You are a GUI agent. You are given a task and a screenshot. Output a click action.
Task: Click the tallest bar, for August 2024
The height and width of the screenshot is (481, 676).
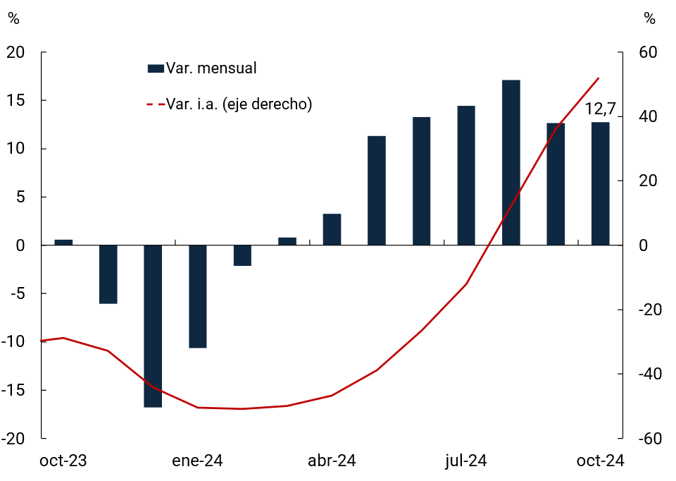tap(511, 163)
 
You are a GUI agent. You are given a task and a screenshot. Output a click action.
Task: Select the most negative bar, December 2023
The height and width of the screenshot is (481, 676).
tap(153, 326)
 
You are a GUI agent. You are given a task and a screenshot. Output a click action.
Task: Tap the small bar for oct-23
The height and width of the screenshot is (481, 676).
tap(63, 243)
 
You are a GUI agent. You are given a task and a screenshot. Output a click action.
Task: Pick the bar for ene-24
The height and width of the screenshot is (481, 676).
tap(198, 296)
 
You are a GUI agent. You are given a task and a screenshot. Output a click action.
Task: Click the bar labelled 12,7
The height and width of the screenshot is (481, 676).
tap(601, 184)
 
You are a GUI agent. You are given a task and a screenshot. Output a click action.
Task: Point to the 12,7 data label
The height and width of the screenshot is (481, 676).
tap(600, 109)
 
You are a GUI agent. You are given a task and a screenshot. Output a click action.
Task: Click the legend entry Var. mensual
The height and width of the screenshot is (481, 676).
tap(211, 68)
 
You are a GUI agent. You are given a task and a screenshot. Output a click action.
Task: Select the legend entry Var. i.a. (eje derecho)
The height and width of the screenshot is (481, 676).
tap(239, 104)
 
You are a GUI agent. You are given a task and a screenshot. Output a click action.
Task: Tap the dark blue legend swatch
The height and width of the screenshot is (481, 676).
tap(155, 68)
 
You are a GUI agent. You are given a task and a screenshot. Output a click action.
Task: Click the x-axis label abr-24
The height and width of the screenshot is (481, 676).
tap(332, 461)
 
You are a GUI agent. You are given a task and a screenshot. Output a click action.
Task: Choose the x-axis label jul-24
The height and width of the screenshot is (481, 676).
tap(466, 461)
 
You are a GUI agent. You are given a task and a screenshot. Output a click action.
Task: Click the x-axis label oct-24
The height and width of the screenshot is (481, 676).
tap(601, 461)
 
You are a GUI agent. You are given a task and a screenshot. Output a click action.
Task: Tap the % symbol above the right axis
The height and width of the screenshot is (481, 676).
tap(649, 19)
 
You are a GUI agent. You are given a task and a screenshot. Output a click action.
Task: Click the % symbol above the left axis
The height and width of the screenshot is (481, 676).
tap(13, 19)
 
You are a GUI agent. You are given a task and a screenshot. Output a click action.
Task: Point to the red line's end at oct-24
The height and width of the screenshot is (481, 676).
tap(599, 78)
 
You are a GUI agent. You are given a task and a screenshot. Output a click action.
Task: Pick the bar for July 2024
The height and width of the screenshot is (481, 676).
tap(466, 176)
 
